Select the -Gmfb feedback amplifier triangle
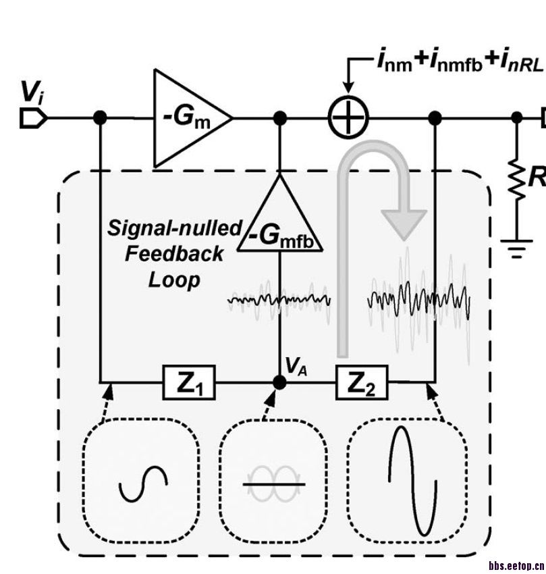pos(280,213)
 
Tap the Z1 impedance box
pos(189,382)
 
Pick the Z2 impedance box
pos(362,382)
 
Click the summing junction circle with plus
pos(348,118)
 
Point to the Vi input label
pos(32,92)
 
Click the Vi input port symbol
pos(33,118)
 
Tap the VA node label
pos(296,366)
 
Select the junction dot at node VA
pos(280,382)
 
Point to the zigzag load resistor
pos(517,179)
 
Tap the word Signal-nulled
pos(175,228)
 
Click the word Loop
pos(174,280)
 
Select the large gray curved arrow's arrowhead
pos(404,225)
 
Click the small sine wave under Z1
pos(144,484)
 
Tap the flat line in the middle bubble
pos(274,484)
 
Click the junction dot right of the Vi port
pos(100,118)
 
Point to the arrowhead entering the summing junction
pos(348,88)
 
